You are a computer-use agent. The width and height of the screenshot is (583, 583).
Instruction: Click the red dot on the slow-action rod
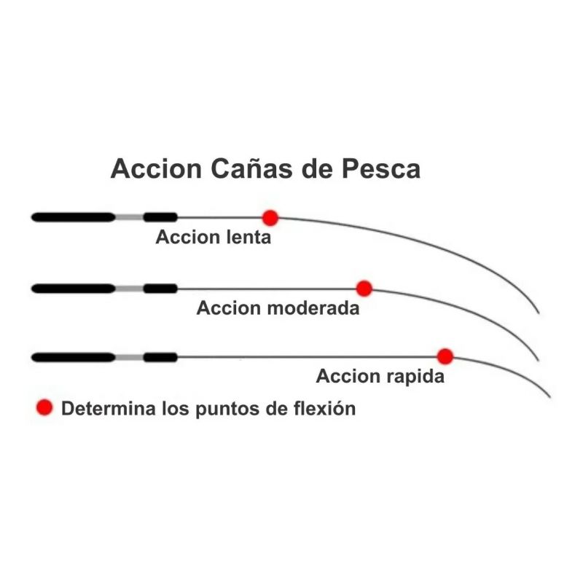[270, 217]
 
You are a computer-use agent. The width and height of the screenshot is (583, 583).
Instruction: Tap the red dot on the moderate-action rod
[364, 289]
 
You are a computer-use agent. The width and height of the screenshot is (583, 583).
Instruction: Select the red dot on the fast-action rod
[445, 356]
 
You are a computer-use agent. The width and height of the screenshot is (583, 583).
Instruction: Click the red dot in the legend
[45, 408]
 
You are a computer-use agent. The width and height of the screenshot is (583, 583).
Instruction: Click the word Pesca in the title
[381, 169]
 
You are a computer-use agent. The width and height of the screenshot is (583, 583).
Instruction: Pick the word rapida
[415, 376]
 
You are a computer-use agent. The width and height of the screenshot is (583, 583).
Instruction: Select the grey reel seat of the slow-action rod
[129, 217]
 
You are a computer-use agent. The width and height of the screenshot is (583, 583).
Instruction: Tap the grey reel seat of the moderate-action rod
[129, 289]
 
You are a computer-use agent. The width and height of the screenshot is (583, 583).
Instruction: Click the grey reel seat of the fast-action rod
[129, 357]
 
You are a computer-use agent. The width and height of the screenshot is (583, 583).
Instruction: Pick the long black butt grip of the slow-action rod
[73, 217]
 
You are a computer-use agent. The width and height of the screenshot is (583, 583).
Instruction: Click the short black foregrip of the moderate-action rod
[160, 289]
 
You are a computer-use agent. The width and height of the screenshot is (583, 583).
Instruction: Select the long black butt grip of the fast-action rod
[73, 357]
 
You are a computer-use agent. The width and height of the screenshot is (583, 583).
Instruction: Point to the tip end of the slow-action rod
[539, 313]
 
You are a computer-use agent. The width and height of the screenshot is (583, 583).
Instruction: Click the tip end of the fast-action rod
[549, 397]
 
